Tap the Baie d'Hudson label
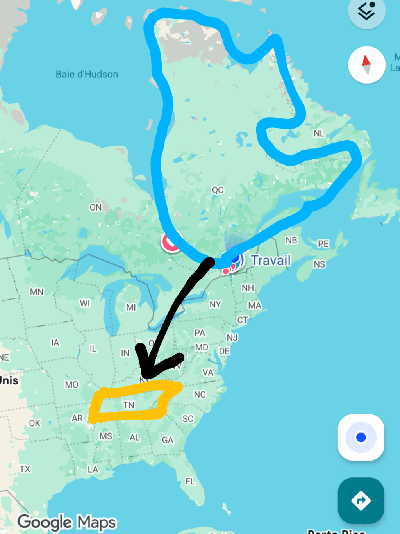(x=87, y=74)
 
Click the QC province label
(x=218, y=190)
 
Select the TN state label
(x=129, y=405)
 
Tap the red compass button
(x=366, y=65)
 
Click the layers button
(x=366, y=12)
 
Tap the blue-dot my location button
(x=361, y=437)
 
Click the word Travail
(x=271, y=260)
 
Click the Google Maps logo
(x=67, y=522)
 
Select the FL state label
(x=190, y=481)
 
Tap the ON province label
(x=96, y=207)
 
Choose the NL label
(x=319, y=134)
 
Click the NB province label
(x=291, y=240)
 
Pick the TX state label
(x=25, y=469)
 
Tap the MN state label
(x=37, y=292)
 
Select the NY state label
(x=215, y=304)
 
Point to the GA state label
(x=168, y=440)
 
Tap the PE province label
(x=323, y=244)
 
